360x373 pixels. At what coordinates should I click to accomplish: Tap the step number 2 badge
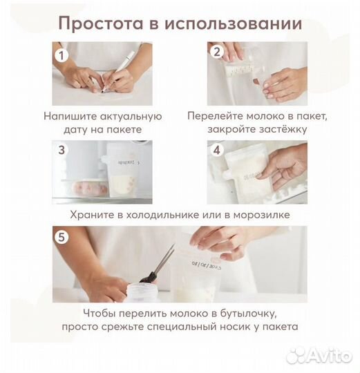(216, 52)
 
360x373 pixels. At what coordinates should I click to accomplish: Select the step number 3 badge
(63, 150)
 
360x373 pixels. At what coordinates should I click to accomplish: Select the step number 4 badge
(216, 150)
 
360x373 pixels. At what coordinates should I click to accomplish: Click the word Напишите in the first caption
(69, 116)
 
